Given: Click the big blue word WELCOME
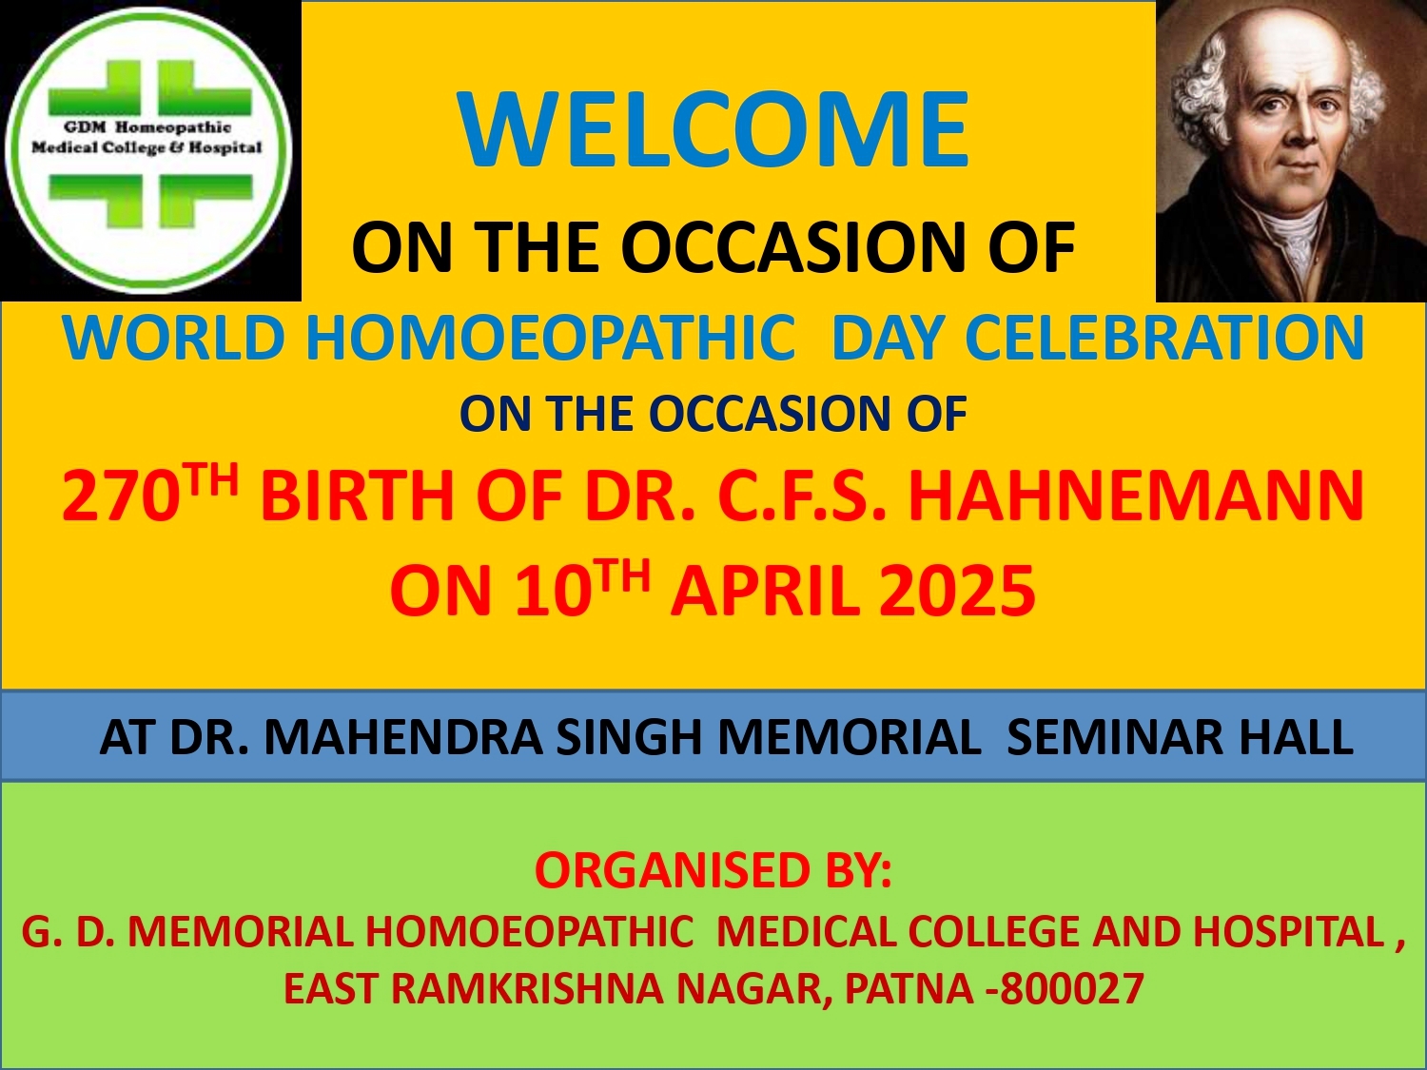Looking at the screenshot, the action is tap(713, 129).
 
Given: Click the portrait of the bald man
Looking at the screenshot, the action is tap(1290, 150).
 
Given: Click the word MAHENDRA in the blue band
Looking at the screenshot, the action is tap(403, 737).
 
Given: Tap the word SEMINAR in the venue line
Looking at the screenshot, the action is tap(1114, 737).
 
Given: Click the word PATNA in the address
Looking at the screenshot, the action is tap(909, 989).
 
